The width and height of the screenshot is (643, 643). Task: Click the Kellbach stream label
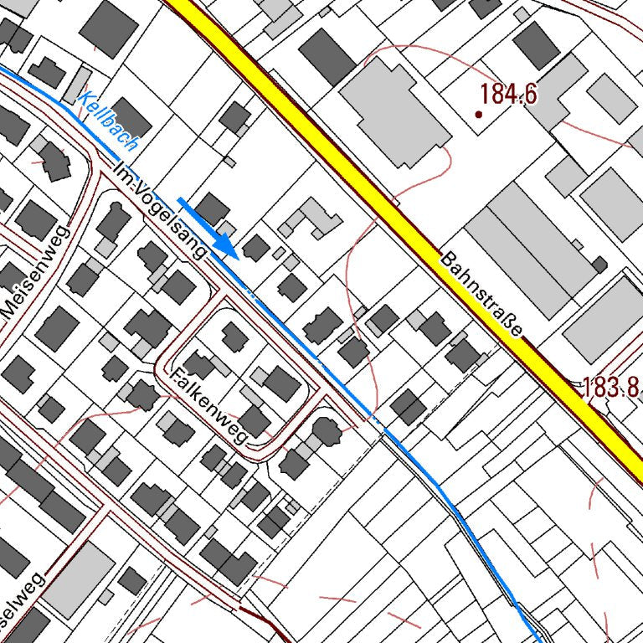coord(107,122)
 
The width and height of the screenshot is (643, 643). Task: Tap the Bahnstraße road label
coord(481,294)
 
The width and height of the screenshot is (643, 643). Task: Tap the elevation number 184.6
coord(509,95)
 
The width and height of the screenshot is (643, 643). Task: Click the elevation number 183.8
coord(610,387)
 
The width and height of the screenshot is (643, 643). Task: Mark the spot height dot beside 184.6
coord(479,114)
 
